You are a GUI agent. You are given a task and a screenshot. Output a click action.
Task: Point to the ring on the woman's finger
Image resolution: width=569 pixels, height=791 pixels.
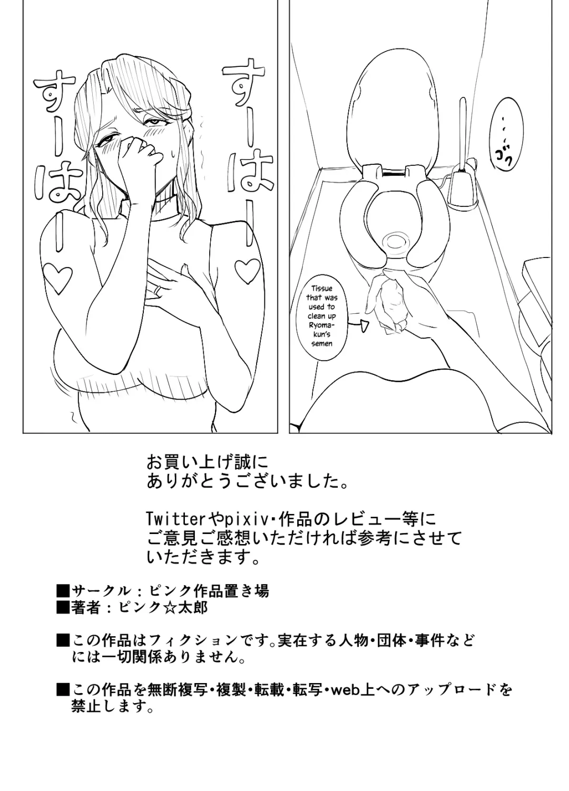pyautogui.click(x=158, y=290)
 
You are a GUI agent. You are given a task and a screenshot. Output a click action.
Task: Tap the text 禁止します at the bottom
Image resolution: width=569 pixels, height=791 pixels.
pyautogui.click(x=113, y=707)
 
